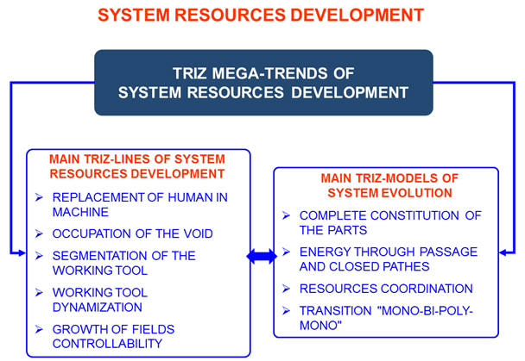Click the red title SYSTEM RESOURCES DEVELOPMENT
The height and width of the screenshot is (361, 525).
coord(261,15)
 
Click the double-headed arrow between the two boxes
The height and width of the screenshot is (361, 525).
coord(262,257)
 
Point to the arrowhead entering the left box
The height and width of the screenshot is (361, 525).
coord(22,252)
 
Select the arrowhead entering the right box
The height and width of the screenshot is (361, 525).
coord(503,252)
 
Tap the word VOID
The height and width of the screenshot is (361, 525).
coord(199,233)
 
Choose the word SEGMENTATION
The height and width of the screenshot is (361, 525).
coord(100,256)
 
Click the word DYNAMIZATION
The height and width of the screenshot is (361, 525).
coord(98,308)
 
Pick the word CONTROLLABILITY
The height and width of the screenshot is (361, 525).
coord(107,344)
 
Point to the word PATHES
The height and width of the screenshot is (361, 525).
coord(406,266)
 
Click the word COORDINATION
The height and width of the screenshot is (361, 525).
coord(427,289)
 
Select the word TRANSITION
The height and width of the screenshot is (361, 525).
coord(336,311)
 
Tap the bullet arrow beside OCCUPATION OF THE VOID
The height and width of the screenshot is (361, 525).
coord(39,233)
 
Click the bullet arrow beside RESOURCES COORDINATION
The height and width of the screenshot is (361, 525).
coord(287,289)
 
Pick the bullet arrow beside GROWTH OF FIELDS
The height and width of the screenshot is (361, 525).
coord(39,329)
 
